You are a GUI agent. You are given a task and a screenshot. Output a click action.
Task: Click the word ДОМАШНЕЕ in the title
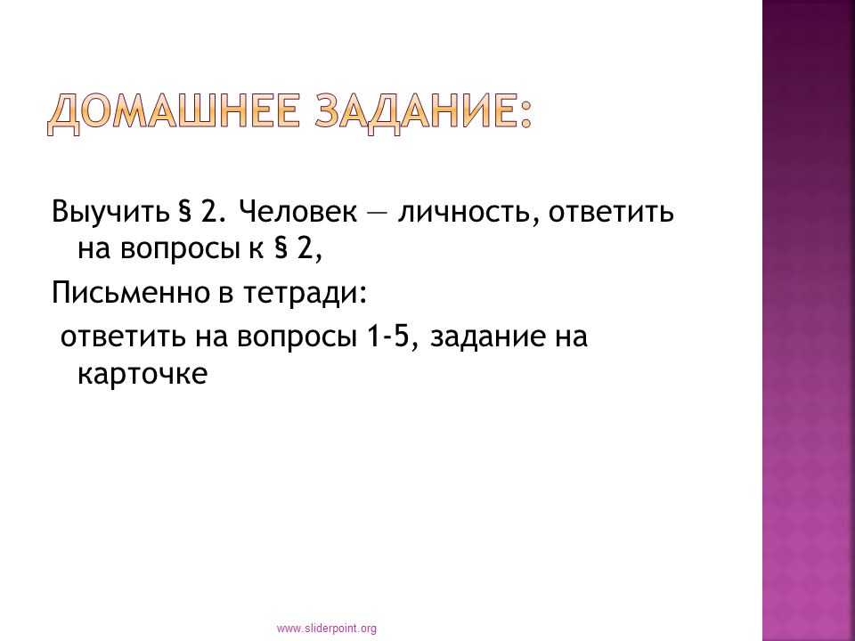point(174,112)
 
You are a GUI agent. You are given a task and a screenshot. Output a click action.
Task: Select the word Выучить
point(110,212)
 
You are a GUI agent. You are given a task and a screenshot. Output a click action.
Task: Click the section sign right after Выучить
point(185,212)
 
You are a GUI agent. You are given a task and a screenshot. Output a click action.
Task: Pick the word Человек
point(297,212)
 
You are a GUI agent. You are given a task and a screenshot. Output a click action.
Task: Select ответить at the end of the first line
point(611,213)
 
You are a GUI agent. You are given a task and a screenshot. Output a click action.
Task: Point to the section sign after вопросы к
point(281,249)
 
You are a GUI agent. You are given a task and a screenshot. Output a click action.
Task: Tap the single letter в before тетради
point(226,295)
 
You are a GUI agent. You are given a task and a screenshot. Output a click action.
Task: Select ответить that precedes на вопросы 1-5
point(123,337)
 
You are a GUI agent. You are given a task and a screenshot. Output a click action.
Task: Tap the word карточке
point(142,375)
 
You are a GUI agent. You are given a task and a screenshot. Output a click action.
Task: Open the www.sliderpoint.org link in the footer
point(327,629)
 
